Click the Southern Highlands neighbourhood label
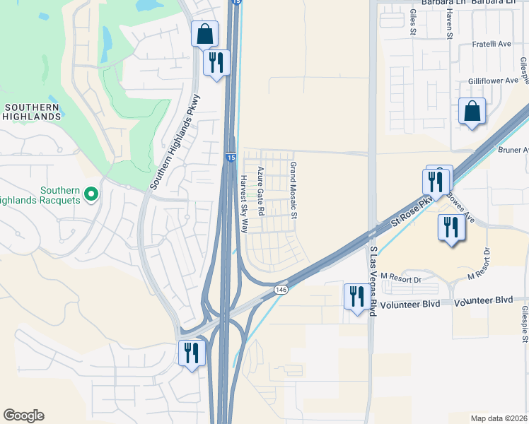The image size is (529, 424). pos(31,112)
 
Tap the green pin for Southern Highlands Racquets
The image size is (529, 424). pos(91,193)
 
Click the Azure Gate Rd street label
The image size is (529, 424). pos(260,191)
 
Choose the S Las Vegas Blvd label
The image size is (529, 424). pos(373,281)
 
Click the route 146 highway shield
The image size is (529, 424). pos(281,290)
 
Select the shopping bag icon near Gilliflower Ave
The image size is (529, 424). pos(472,112)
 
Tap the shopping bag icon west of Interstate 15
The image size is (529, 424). pos(204,33)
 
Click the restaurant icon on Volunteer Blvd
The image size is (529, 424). pos(355,295)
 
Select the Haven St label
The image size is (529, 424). pos(448,26)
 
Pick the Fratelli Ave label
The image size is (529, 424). pos(491,44)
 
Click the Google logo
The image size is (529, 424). pos(23,416)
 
